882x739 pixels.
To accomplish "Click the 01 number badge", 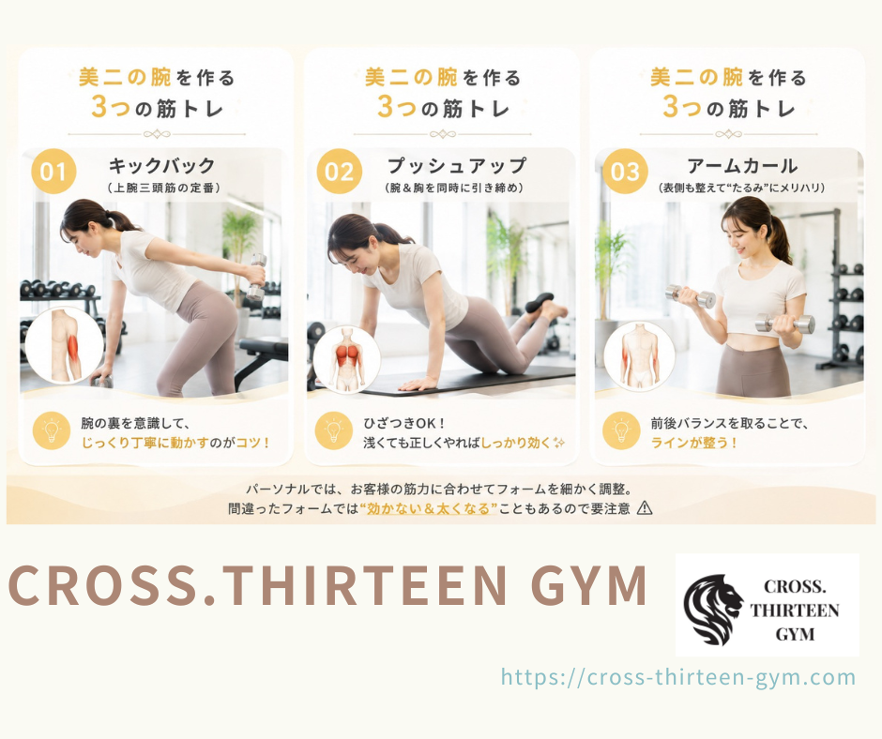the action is (x=53, y=172).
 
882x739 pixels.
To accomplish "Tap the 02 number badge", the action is (x=339, y=172).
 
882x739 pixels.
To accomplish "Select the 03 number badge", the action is (x=625, y=172).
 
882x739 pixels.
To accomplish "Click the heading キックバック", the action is (x=162, y=166).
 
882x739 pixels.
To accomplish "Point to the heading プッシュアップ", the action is (x=457, y=166).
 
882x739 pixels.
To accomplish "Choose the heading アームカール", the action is (x=742, y=166).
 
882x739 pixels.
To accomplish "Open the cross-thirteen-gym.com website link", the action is (x=678, y=677).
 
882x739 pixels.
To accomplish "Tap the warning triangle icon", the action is (x=645, y=508).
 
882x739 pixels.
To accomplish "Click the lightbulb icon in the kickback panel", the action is (x=52, y=431).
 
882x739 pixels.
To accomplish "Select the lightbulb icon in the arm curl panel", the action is (x=621, y=431).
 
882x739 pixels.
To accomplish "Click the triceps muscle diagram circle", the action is (x=65, y=345).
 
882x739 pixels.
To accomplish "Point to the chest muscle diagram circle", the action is (x=346, y=359).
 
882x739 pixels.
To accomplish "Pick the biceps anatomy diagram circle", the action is (x=639, y=356).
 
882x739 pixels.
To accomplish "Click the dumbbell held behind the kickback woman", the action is (x=257, y=277).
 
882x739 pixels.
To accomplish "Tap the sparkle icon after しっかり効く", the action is (x=558, y=443).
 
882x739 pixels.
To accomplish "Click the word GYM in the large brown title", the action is (x=589, y=585).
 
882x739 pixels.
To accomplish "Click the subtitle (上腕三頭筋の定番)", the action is (x=163, y=188).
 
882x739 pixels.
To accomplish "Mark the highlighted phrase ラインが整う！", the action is (x=694, y=443).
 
